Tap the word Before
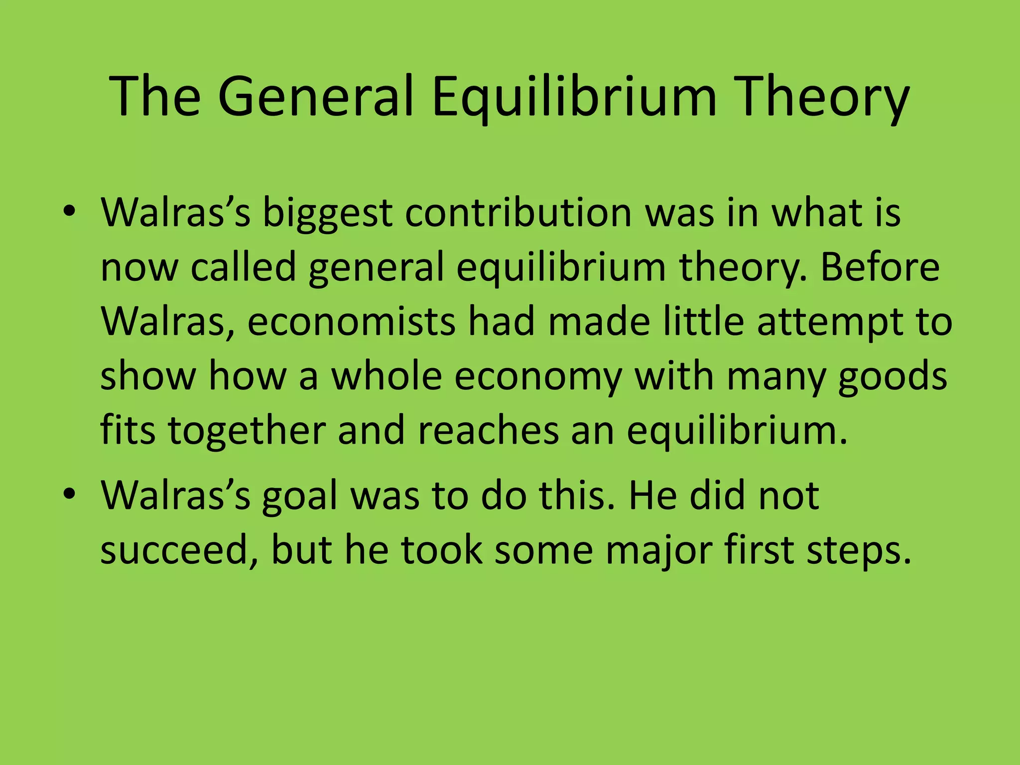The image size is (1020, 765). tap(880, 267)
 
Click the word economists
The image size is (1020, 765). tap(351, 321)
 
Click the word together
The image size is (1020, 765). tap(247, 430)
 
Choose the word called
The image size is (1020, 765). tap(244, 267)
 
